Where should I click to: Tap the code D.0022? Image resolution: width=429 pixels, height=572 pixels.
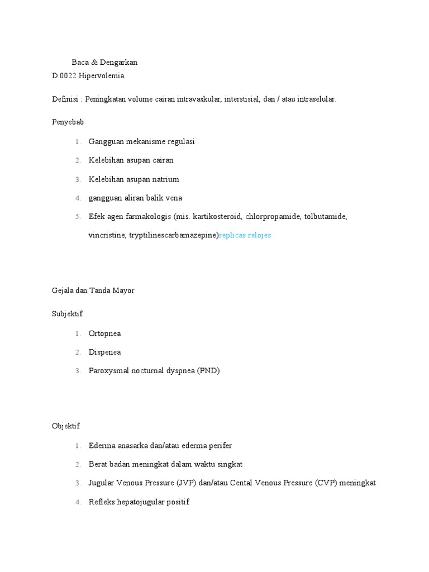pyautogui.click(x=64, y=75)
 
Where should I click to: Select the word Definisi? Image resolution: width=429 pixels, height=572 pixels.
pyautogui.click(x=65, y=99)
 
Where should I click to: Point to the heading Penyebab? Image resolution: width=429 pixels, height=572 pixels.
pyautogui.click(x=68, y=122)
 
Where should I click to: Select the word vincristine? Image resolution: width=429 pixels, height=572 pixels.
pyautogui.click(x=107, y=235)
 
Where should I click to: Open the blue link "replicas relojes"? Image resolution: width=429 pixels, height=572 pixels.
pyautogui.click(x=245, y=235)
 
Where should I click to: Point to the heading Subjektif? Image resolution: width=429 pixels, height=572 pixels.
pyautogui.click(x=67, y=314)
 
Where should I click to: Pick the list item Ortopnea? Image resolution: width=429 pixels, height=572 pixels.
pyautogui.click(x=104, y=333)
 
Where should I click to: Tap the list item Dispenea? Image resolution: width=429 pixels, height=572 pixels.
pyautogui.click(x=104, y=352)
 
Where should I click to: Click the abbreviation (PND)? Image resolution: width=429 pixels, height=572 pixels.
pyautogui.click(x=208, y=370)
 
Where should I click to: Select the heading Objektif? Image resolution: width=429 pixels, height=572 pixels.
pyautogui.click(x=66, y=426)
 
